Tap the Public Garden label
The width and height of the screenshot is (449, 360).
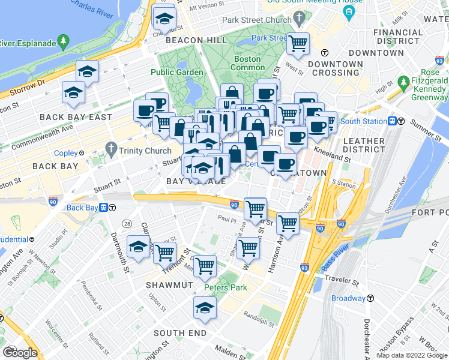pos(176,72)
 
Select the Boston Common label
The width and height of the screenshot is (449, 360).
pos(247,64)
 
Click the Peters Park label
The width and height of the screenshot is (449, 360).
pos(225,287)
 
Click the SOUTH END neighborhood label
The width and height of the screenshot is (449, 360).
pos(180,333)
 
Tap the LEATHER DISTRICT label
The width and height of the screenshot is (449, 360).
pos(363,146)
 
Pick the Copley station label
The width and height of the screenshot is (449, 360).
pos(66,153)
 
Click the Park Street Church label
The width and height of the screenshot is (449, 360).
pos(256,20)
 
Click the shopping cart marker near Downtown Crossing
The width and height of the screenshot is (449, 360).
pos(298,43)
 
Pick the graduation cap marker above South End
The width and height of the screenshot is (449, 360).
pos(205,307)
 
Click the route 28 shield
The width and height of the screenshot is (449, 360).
pos(127,223)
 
